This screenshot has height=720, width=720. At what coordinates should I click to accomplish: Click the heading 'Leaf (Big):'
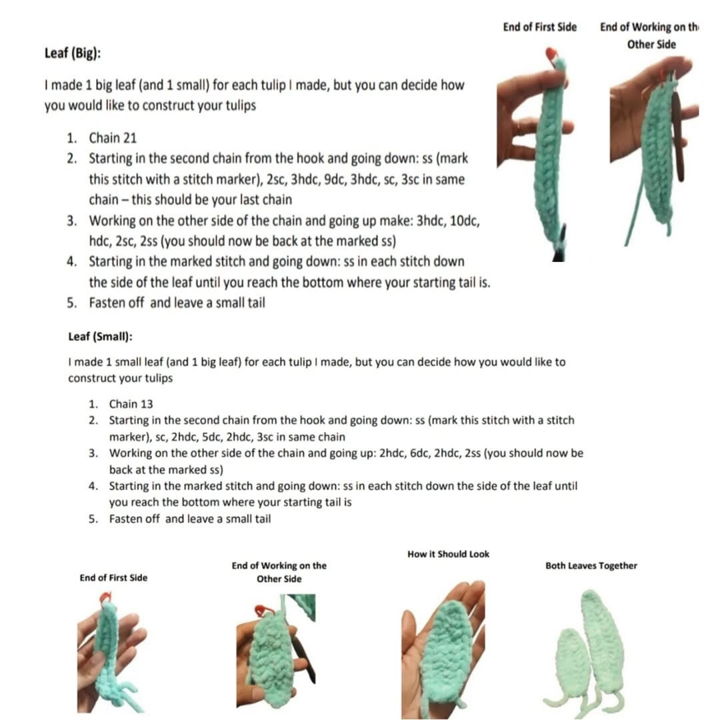tap(73, 53)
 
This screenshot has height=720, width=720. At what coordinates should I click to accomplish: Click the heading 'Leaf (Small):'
tap(100, 336)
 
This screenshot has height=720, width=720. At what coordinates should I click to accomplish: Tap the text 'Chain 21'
tap(113, 138)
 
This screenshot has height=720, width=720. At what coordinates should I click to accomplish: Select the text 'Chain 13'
tap(132, 403)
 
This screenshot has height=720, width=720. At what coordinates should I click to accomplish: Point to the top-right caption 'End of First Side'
tap(540, 27)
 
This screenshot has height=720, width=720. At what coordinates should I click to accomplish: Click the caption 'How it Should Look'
tap(448, 554)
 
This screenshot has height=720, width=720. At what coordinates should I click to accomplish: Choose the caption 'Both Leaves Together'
tap(591, 566)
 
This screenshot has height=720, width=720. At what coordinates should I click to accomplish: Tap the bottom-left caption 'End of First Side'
tap(113, 577)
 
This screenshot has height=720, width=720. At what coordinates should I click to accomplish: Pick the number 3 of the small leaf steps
tap(93, 453)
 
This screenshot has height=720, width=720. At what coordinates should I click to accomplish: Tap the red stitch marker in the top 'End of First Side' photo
tap(551, 55)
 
